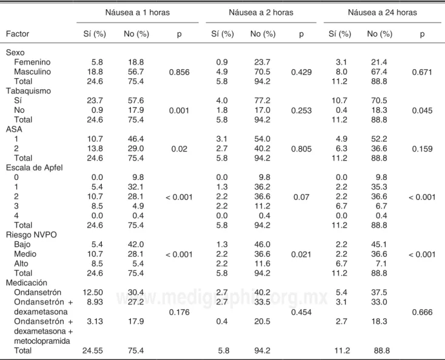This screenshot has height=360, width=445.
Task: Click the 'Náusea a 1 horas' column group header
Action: (138, 13)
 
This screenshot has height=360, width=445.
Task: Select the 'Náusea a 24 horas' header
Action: (383, 13)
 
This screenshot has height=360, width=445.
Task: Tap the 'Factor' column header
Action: (18, 34)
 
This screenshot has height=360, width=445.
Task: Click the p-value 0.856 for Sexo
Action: (179, 72)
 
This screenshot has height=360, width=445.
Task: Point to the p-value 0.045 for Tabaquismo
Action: (422, 110)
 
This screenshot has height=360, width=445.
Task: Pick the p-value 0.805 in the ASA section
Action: (301, 148)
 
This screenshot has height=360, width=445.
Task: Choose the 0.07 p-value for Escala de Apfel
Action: (301, 197)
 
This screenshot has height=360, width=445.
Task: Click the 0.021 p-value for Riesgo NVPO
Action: (301, 255)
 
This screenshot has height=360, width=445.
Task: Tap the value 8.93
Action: (95, 302)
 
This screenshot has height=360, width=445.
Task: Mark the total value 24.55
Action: (93, 350)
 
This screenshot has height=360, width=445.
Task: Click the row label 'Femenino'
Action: (32, 62)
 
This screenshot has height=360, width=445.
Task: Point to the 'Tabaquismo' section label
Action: (28, 91)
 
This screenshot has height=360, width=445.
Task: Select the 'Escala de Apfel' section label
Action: (35, 168)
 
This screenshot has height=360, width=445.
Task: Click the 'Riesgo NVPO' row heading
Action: (31, 235)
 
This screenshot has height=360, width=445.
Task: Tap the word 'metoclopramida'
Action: (42, 341)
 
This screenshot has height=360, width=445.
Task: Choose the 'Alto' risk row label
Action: (21, 264)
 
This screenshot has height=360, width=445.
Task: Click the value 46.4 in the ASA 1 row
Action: (136, 139)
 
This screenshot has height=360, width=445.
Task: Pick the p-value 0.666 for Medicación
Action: (422, 312)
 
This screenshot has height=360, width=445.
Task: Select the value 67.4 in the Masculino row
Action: (379, 72)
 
